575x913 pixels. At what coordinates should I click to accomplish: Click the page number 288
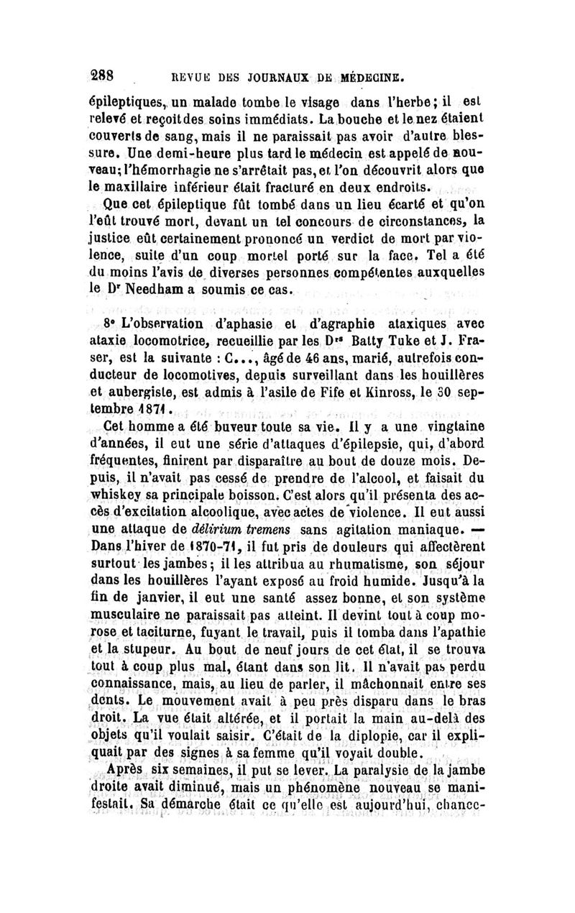coord(114,74)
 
